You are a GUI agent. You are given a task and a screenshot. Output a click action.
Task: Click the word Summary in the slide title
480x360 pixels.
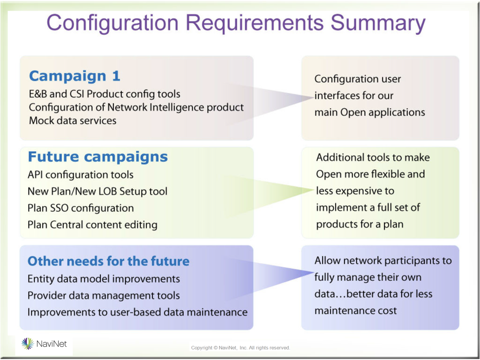coord(378,23)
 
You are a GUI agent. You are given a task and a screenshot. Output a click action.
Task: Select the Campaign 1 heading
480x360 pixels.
coord(75,76)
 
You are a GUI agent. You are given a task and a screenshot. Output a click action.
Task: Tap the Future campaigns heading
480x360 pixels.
coord(97,157)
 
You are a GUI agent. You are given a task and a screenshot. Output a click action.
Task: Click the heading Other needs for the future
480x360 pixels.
coord(108,261)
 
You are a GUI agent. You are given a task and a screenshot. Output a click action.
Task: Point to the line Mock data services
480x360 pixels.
coord(73,120)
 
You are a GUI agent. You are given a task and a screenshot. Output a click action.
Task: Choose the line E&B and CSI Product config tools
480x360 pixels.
coord(105,94)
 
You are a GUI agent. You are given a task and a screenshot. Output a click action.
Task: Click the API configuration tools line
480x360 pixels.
coord(81,175)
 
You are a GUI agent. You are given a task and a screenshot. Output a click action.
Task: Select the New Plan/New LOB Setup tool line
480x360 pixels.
coord(97,192)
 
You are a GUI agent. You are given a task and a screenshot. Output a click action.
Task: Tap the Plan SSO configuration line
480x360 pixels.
coord(81,208)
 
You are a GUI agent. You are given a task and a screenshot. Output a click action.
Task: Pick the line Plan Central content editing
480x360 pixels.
coord(92,225)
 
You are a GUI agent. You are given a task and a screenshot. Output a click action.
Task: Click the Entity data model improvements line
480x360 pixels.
coord(104,279)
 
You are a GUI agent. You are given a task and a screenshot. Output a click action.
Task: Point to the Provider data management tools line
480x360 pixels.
coord(104,296)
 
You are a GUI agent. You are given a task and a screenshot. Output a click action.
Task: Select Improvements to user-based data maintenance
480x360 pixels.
coord(137,312)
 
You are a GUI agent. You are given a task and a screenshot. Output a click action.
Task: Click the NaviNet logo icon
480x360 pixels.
coord(28,344)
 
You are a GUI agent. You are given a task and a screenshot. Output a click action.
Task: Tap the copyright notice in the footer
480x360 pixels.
coord(240,348)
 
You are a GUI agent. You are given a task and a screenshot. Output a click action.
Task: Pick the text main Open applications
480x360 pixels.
coord(370,112)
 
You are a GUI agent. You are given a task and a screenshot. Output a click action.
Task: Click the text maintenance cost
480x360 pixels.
coord(355,311)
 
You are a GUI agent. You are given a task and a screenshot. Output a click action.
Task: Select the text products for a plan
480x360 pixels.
coord(360,225)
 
